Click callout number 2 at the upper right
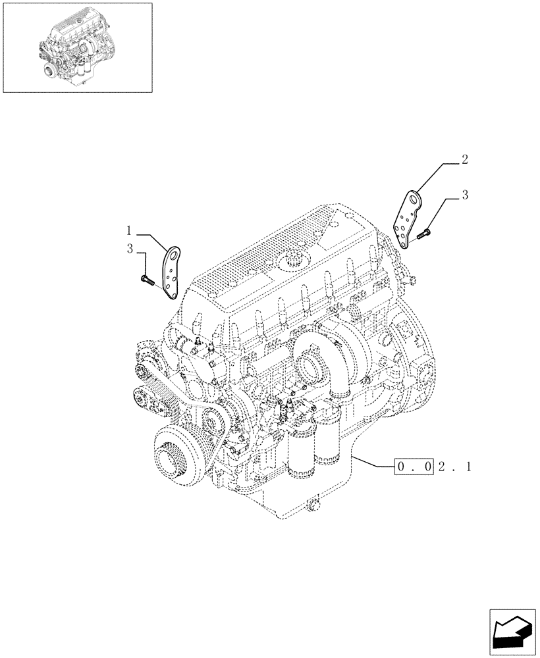465,159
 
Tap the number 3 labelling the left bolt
130,249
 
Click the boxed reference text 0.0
414,467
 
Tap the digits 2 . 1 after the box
456,467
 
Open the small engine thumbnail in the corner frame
77,47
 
